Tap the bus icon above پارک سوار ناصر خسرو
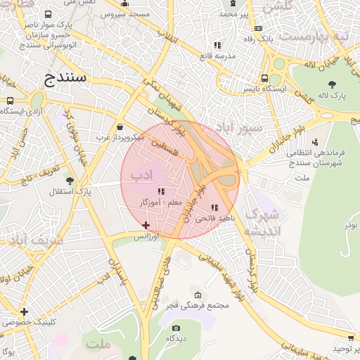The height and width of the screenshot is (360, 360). (47, 14)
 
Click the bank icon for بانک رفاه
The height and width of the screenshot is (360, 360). (258, 29)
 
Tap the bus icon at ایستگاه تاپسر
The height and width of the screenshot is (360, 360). (264, 79)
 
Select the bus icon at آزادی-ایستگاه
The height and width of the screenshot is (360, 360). (10, 101)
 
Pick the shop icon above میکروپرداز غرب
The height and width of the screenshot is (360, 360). (119, 127)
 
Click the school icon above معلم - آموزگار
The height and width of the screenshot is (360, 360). (161, 191)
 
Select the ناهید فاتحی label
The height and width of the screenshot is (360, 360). (214, 219)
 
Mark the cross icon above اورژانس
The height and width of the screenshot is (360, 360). (146, 225)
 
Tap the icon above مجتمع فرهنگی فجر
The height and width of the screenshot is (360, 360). (198, 295)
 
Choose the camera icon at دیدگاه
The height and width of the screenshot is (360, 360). (176, 328)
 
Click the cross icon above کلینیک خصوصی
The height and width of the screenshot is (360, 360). (24, 311)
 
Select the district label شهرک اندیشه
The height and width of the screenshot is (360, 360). (262, 221)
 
